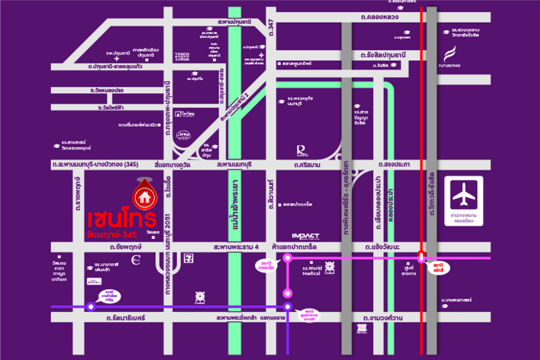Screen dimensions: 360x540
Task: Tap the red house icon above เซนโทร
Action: (144, 197)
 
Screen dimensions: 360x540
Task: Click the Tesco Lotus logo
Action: (182, 56)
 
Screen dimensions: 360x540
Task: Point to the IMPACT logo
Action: (306, 236)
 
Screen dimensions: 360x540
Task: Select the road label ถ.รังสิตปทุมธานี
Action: (383, 55)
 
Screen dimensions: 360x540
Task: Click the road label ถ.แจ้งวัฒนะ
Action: (381, 247)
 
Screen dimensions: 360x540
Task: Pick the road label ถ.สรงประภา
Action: (394, 165)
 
